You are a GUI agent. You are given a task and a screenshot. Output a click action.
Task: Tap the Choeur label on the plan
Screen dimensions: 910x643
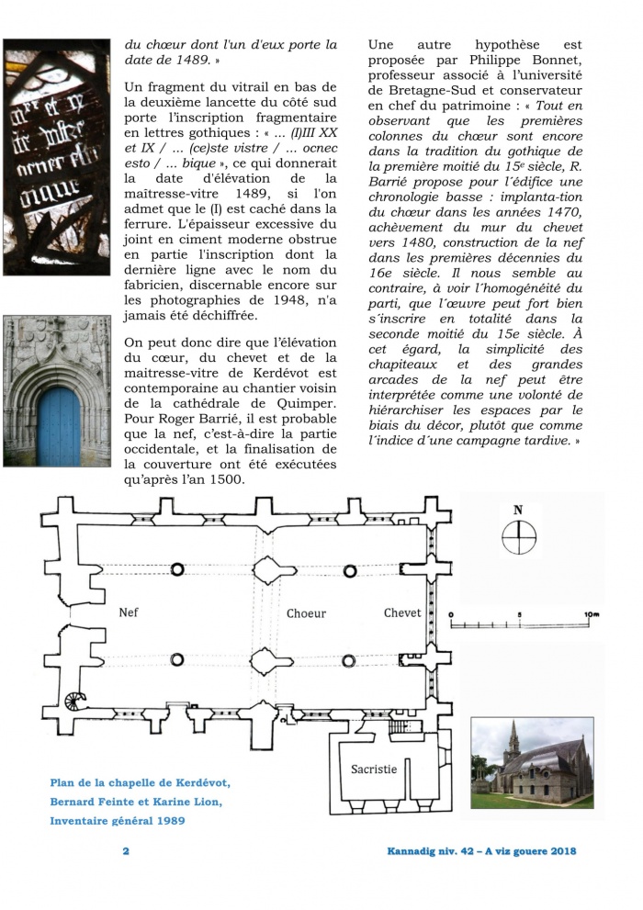[x=305, y=612]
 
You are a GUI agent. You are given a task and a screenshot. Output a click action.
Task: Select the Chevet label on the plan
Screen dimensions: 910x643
[x=402, y=612]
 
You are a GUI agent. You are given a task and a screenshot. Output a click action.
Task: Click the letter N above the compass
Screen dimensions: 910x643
[x=519, y=511]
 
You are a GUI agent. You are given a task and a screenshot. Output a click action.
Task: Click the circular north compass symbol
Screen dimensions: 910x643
[x=519, y=535]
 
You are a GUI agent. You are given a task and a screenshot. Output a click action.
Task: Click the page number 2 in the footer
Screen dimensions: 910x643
[x=126, y=851]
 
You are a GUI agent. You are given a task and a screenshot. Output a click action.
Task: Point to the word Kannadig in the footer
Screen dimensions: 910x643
[x=418, y=851]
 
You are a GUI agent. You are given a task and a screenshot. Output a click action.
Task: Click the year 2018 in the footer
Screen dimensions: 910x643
[x=560, y=851]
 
